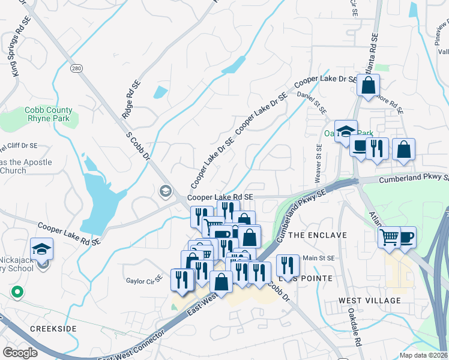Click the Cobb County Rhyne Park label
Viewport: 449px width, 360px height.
[49, 114]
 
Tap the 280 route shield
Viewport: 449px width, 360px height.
[75, 68]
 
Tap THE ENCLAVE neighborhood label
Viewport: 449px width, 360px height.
[318, 235]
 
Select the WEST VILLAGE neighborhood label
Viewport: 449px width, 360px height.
[369, 300]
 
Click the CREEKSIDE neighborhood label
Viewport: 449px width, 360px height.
[53, 329]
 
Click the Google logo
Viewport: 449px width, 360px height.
[20, 352]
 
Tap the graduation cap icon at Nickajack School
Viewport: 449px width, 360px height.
[42, 248]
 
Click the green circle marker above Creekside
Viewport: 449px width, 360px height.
[17, 292]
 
